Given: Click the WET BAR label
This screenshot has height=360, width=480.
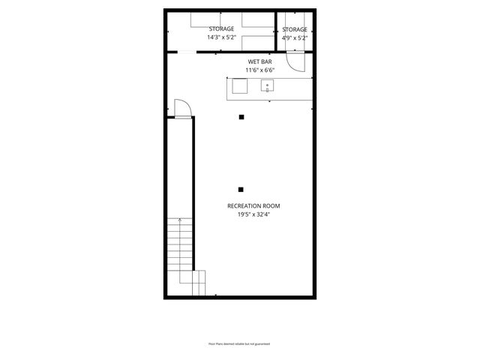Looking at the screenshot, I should point(260,61).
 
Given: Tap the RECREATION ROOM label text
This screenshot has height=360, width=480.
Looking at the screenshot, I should point(253,205).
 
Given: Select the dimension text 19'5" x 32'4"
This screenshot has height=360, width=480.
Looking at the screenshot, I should point(253,214).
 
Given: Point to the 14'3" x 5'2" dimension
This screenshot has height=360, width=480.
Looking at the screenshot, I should point(221,37).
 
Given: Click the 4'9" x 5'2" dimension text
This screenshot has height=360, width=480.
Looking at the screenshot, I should point(295,37).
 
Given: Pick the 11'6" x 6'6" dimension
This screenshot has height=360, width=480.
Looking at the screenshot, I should point(260,70).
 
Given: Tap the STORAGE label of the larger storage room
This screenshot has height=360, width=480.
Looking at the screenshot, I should point(221,28).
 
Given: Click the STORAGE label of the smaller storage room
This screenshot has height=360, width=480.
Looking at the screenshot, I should point(295,28).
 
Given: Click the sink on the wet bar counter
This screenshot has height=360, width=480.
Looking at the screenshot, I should point(267,87).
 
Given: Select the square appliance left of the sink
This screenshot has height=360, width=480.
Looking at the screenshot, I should point(239,87).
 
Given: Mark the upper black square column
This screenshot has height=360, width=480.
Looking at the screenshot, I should point(241,117).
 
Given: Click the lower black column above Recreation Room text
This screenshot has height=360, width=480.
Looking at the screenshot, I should point(241,189).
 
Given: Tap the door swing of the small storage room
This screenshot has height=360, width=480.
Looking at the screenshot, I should point(295,64).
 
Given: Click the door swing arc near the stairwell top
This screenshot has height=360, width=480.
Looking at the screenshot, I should point(183,108).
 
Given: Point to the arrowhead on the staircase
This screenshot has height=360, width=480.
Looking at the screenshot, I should point(180,219).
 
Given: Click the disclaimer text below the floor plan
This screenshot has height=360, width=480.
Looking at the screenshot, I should point(239,343).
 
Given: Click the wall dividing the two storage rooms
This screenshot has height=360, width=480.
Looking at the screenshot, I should point(276,31).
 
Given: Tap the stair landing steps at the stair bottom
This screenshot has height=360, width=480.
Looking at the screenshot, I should point(199,283).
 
